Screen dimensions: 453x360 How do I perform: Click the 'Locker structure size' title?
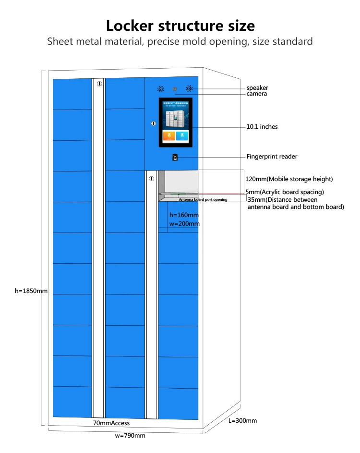[x=180, y=25]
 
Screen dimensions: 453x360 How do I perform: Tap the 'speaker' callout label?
[x=257, y=88]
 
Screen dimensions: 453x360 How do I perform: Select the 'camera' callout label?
[x=257, y=94]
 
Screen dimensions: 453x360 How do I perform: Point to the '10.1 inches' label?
[x=262, y=127]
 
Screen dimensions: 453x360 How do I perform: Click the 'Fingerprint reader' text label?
[x=272, y=157]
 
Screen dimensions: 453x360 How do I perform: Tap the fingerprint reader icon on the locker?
[x=175, y=157]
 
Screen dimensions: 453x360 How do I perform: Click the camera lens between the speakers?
[x=175, y=89]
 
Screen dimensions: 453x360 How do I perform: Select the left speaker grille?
[x=161, y=89]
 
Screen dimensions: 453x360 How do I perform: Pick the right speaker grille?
[x=190, y=89]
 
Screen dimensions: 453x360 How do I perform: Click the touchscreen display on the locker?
[x=176, y=122]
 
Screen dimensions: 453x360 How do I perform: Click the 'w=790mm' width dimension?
[x=130, y=436]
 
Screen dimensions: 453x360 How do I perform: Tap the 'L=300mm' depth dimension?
[x=242, y=421]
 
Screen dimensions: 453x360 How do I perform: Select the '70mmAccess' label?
[x=111, y=423]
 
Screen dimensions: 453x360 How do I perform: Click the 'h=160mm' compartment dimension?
[x=184, y=215]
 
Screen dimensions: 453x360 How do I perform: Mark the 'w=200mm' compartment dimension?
[x=184, y=224]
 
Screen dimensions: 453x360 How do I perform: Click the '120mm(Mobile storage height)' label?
[x=289, y=179]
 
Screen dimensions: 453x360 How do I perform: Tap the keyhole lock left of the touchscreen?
[x=154, y=123]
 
